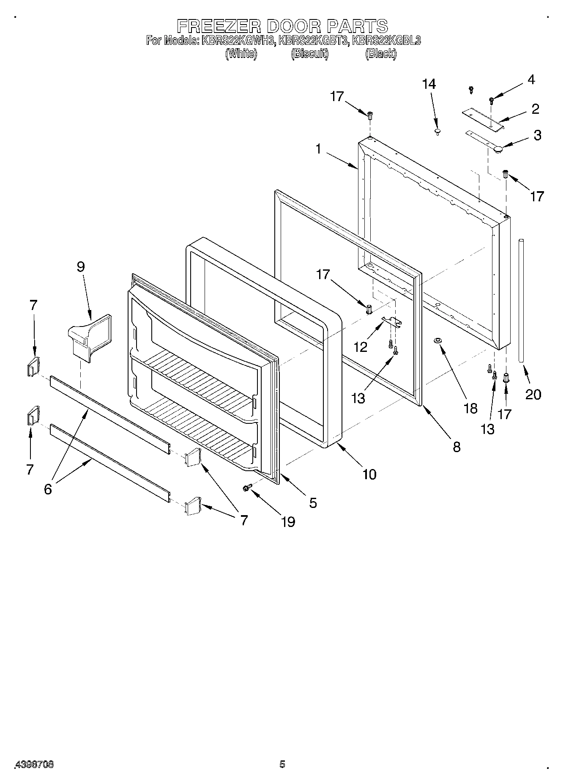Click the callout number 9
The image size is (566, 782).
pos(80,267)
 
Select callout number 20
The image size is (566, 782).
pos(533,394)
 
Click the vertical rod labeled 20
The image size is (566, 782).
pos(522,300)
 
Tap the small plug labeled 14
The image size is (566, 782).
pos(437,132)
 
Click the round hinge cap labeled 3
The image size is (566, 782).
pos(499,148)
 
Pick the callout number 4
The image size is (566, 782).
pos(531,79)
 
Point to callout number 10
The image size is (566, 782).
pos(369,474)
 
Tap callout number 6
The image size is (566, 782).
pos(48,489)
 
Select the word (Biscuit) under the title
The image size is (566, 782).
pos(309,54)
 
